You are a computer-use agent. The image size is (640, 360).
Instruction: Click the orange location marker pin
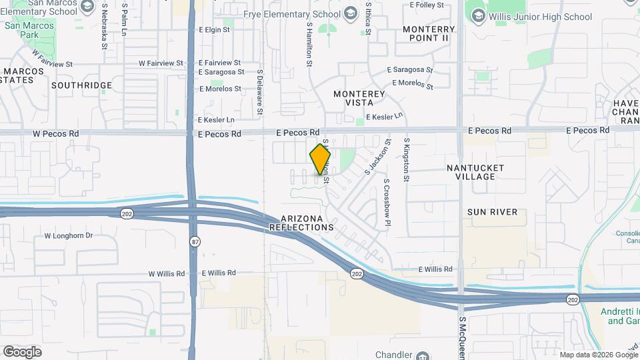[320, 160]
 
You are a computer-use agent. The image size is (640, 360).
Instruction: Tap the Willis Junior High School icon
[477, 17]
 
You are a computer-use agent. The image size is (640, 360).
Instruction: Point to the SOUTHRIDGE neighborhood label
[81, 86]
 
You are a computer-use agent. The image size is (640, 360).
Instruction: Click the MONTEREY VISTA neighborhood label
[359, 99]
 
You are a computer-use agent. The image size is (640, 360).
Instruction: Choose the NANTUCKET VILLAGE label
[475, 172]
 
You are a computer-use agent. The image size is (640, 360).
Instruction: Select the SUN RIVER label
[492, 212]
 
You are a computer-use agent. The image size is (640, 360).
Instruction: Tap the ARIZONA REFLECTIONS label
[301, 223]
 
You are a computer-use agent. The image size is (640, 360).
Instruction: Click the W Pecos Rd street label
[57, 133]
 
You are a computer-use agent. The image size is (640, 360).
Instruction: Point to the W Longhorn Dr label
[68, 235]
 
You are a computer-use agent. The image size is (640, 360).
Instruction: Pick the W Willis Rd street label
[166, 273]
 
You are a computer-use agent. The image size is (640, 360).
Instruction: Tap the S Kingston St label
[406, 160]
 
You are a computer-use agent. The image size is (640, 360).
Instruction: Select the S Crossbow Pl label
[386, 203]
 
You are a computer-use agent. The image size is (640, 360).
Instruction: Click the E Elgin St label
[214, 30]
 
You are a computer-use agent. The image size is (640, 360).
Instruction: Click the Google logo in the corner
[22, 351]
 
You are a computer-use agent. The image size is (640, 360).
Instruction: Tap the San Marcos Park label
[20, 30]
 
